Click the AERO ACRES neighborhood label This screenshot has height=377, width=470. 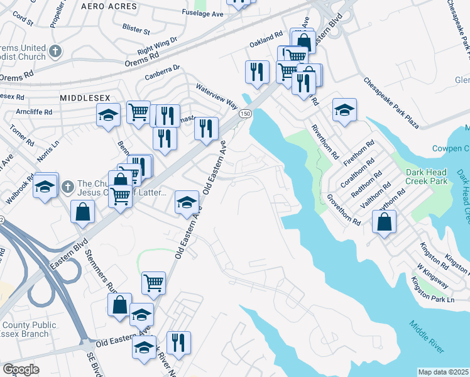click(x=109, y=5)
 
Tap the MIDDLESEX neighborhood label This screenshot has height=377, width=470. click(x=85, y=98)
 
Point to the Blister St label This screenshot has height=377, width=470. click(x=137, y=30)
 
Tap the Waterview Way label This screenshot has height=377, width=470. click(x=216, y=95)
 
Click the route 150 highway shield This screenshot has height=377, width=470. click(x=245, y=113)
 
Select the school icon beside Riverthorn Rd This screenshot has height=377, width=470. click(x=344, y=111)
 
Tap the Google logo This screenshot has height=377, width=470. click(x=21, y=369)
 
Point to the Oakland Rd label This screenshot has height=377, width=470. click(x=266, y=41)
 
